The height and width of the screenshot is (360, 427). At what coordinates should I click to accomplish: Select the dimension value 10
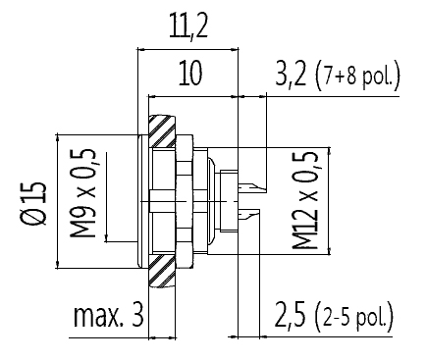tap(190, 73)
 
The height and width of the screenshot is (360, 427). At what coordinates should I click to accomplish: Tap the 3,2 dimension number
tap(291, 74)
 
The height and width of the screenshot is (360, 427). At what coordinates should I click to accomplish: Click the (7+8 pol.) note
tap(358, 76)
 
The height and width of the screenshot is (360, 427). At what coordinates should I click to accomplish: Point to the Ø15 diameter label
tap(33, 203)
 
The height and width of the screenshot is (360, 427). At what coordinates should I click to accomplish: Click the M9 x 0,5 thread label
tap(82, 193)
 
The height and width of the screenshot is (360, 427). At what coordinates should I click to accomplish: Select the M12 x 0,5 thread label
tap(305, 200)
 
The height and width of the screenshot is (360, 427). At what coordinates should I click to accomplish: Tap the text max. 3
tap(109, 316)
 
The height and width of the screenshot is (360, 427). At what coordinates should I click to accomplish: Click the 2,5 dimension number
tap(290, 316)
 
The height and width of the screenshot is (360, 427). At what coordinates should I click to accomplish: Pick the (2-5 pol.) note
tap(354, 318)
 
